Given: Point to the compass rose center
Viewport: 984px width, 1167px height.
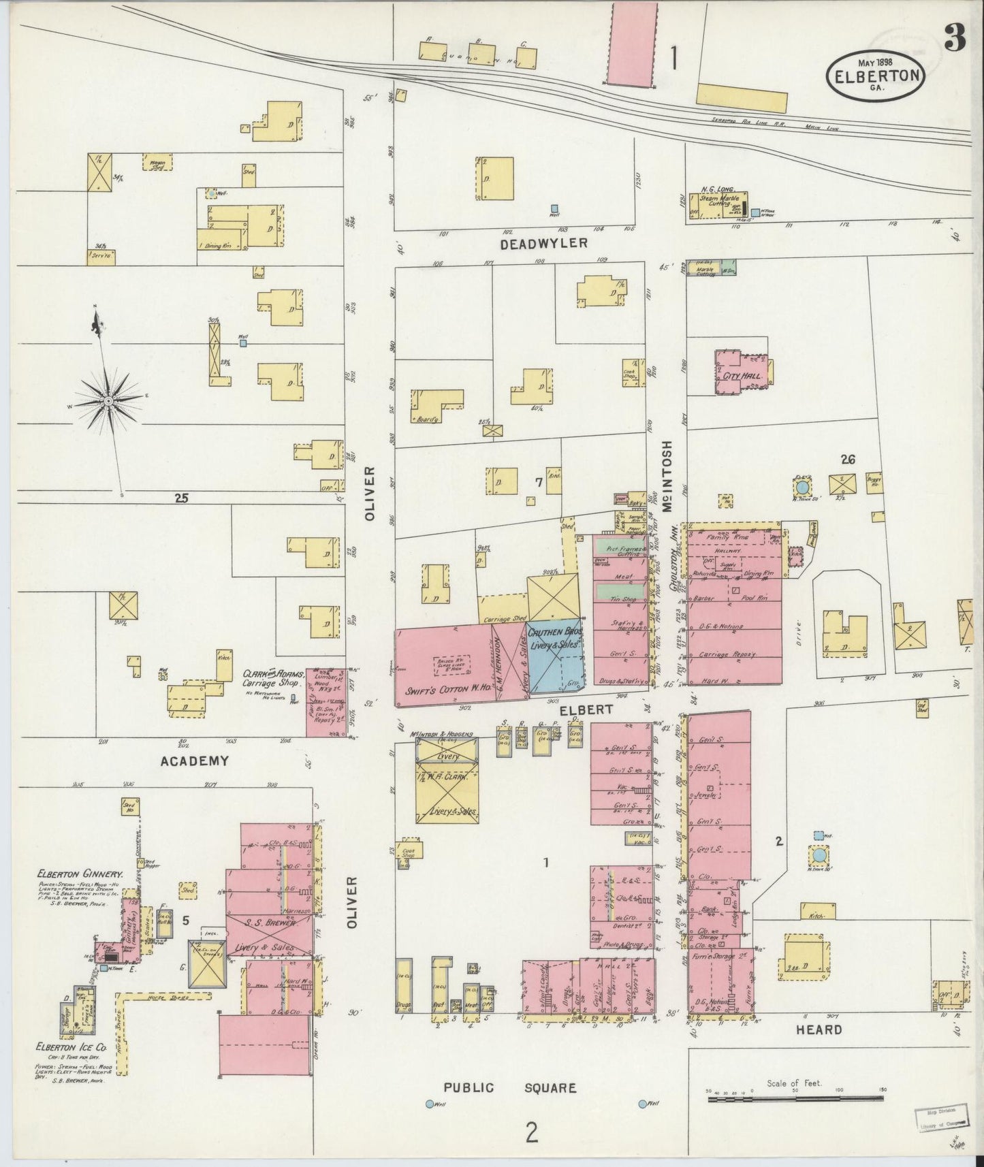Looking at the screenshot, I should click(x=108, y=403).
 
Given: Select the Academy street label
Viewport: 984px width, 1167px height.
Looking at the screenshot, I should click(x=194, y=761).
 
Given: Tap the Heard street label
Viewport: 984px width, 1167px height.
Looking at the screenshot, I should click(x=819, y=1030).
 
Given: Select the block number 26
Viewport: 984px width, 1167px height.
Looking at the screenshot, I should click(x=847, y=460).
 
